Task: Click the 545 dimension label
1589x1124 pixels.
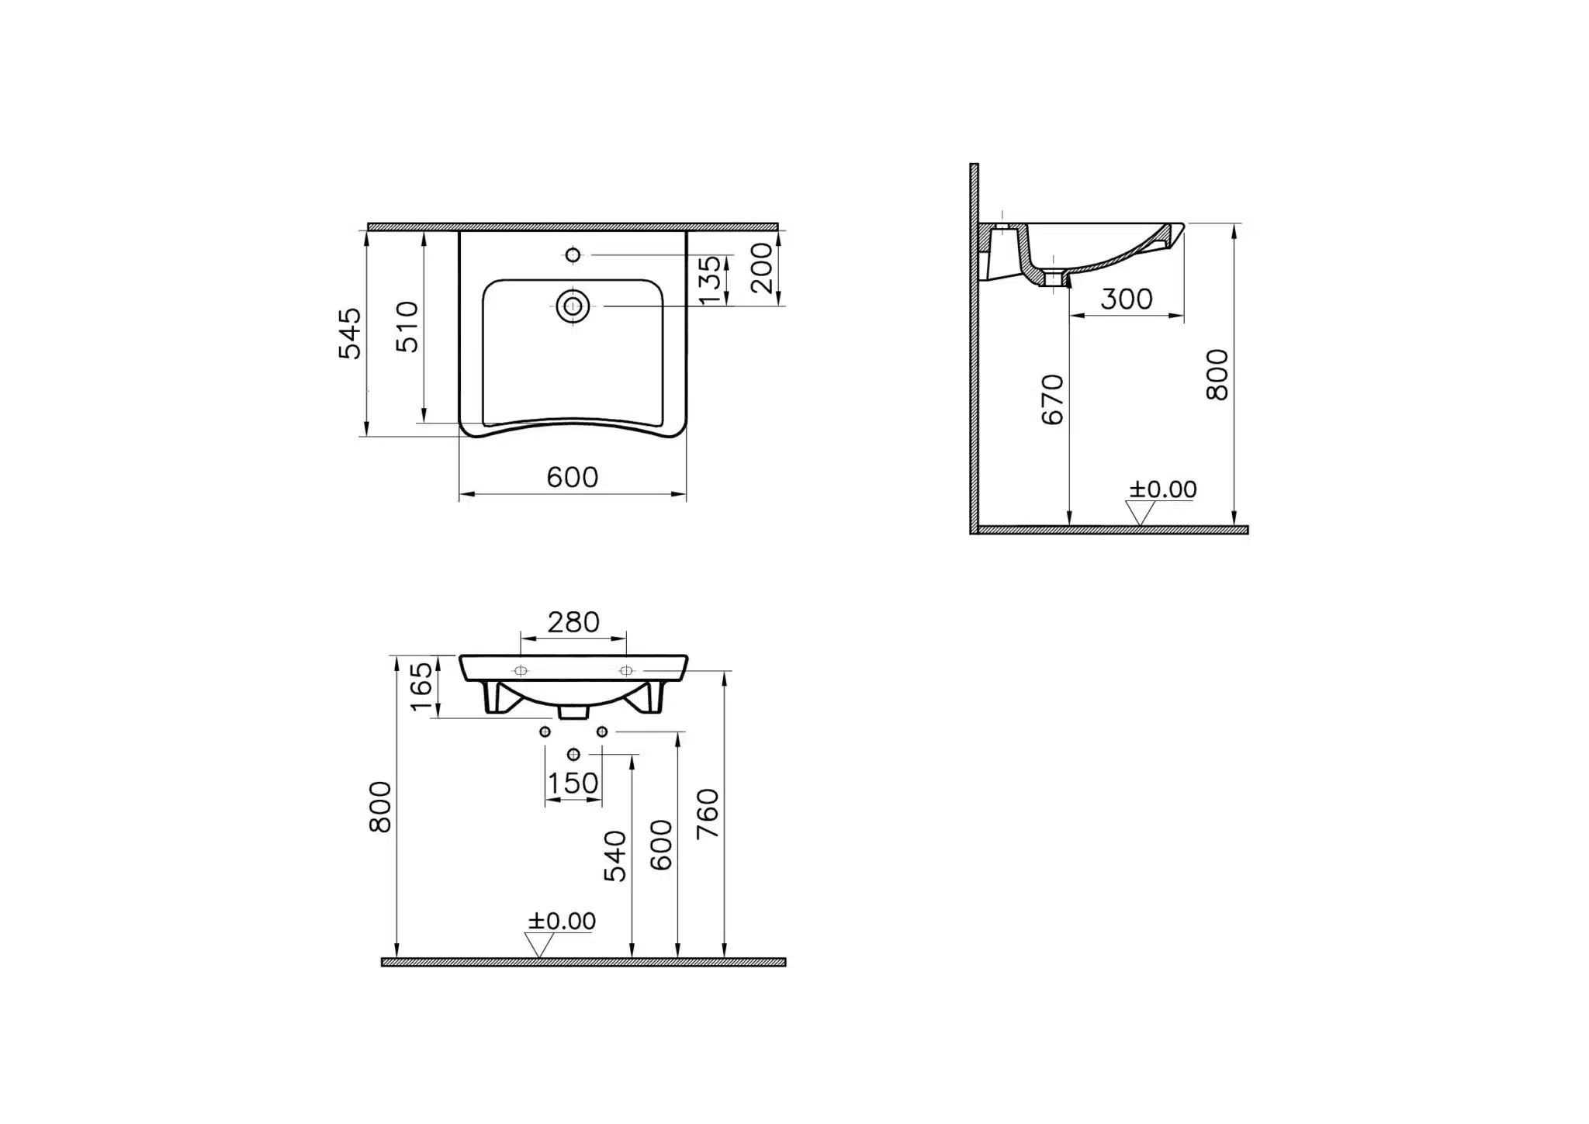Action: coord(351,334)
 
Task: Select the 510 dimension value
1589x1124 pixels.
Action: coord(407,327)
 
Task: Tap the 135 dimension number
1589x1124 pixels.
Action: coord(710,280)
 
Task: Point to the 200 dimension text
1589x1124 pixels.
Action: coord(762,268)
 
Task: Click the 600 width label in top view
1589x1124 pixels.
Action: coord(573,477)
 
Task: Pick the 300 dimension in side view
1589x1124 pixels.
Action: coord(1127,299)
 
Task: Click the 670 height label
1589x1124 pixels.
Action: coord(1052,399)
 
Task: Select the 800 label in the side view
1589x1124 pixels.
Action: coord(1217,375)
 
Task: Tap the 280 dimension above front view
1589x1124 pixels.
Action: coord(573,622)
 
